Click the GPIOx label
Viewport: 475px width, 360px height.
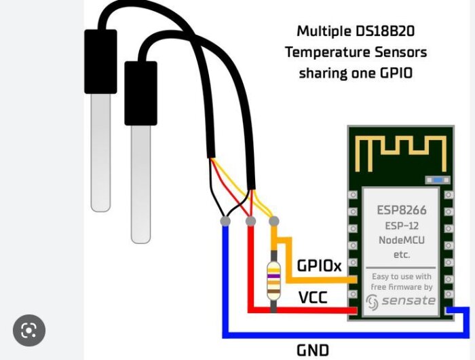[320, 266]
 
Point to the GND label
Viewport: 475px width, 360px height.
[313, 350]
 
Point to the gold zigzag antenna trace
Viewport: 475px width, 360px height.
[400, 153]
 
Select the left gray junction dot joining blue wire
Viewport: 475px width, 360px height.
[225, 221]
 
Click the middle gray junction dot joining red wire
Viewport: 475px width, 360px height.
[250, 221]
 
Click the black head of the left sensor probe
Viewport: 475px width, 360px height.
[100, 60]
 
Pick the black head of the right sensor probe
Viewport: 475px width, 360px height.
[140, 93]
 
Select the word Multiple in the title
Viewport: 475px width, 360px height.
[323, 31]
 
